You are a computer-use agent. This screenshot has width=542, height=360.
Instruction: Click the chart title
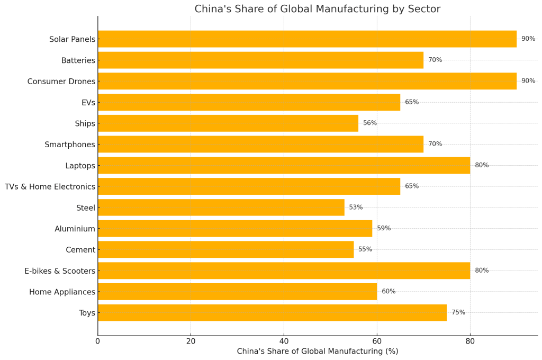[317, 9]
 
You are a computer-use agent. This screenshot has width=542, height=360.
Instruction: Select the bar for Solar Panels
[307, 39]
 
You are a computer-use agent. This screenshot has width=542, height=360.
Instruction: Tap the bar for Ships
[228, 123]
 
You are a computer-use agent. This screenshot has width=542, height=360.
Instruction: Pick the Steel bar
[221, 208]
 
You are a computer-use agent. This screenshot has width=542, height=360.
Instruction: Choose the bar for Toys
[272, 313]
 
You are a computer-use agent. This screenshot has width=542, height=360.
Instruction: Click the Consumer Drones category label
[61, 82]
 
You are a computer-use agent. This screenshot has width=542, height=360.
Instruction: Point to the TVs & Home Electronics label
[50, 187]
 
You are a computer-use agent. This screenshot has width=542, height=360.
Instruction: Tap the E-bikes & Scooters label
[60, 271]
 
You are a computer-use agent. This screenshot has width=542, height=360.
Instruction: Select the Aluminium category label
[75, 229]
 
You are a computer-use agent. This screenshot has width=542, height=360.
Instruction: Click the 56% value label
[370, 123]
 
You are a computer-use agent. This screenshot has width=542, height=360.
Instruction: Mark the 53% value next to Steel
[356, 208]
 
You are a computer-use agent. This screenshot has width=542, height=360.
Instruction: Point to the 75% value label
[458, 313]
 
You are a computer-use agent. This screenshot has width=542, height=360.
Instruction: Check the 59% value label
[384, 229]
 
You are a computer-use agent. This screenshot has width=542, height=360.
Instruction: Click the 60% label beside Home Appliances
[389, 292]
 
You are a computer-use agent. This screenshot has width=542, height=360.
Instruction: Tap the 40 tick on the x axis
[284, 341]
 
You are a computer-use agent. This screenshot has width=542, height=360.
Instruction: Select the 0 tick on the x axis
[98, 341]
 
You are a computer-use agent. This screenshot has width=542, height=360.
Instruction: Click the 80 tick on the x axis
[470, 341]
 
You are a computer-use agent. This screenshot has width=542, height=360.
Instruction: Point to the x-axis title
[317, 352]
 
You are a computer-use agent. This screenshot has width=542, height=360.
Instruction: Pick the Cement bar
[225, 249]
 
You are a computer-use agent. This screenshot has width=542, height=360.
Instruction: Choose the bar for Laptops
[284, 165]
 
